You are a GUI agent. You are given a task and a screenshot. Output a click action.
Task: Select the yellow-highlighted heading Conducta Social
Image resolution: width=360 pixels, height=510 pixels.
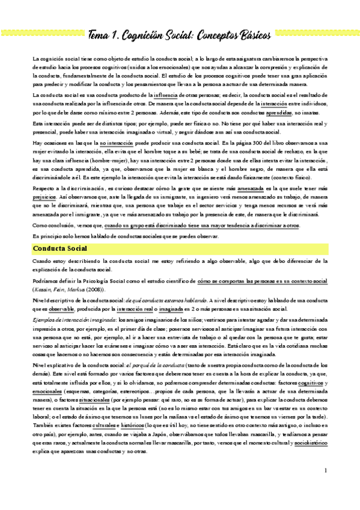pyautogui.click(x=60, y=248)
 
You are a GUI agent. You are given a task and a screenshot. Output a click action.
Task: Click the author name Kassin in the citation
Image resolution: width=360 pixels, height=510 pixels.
pyautogui.click(x=42, y=289)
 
